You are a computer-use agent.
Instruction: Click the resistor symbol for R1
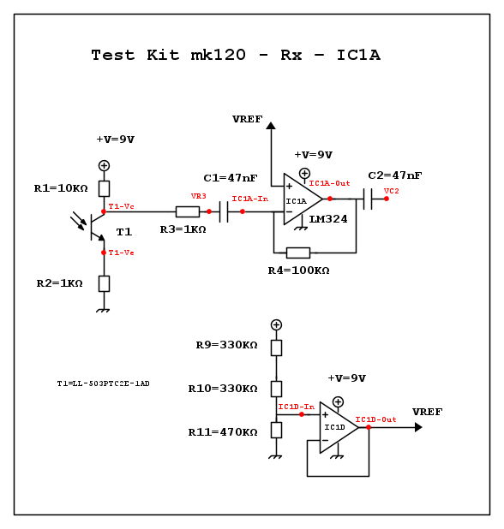pos(104,188)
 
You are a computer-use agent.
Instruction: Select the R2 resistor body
pos(104,283)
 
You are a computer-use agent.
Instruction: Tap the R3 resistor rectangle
pos(188,212)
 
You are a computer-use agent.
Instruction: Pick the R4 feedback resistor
pos(298,253)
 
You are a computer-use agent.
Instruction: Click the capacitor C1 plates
pos(224,212)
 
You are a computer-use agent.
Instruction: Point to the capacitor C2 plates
pos(368,199)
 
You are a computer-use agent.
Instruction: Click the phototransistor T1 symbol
pos(91,226)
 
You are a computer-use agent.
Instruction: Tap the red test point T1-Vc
pos(104,211)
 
